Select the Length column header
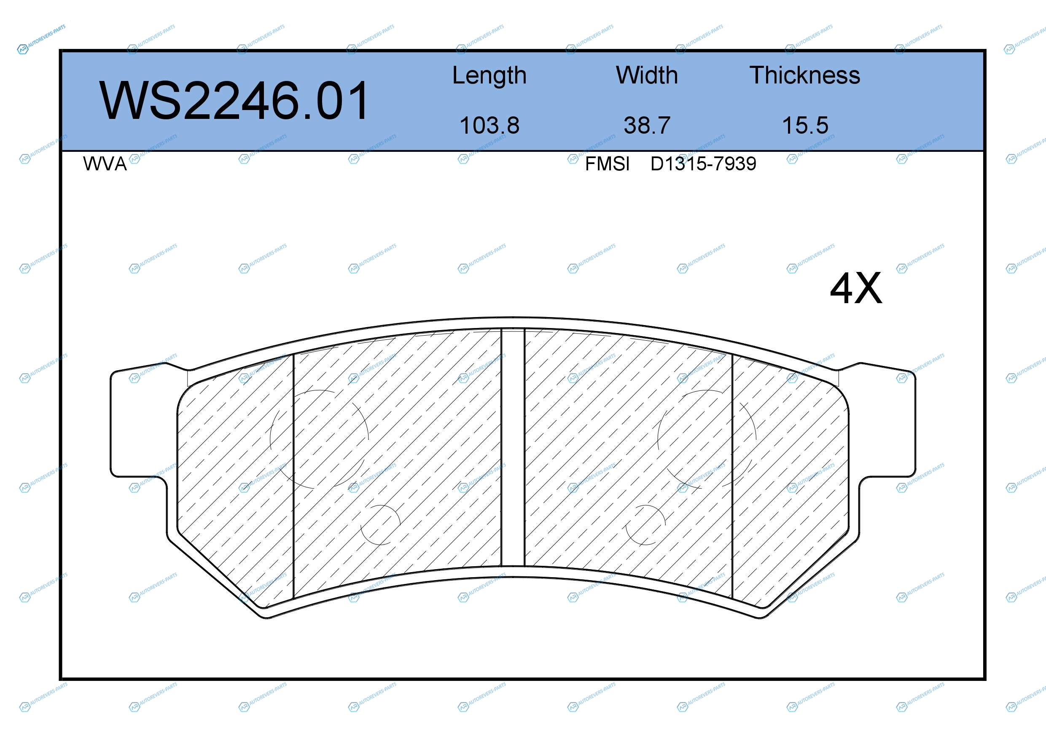click(x=489, y=75)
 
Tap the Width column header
click(x=647, y=75)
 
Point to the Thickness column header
click(x=805, y=75)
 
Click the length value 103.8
click(x=489, y=125)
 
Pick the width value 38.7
click(x=647, y=125)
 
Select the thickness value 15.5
click(x=805, y=125)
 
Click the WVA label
click(x=105, y=164)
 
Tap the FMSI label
click(x=607, y=164)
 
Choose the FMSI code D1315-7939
click(x=703, y=164)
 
